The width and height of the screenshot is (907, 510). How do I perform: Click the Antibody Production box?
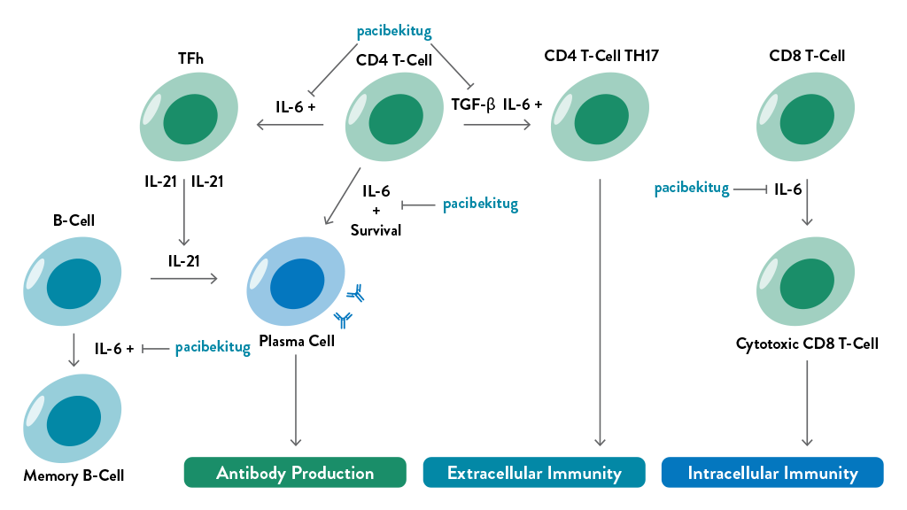[294, 473]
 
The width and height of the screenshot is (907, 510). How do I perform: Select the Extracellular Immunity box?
[533, 473]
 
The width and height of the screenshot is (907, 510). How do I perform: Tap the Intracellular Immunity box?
[772, 473]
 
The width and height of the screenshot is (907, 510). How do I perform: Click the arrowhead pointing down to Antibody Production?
[296, 440]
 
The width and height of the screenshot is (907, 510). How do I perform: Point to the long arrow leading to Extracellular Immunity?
[601, 310]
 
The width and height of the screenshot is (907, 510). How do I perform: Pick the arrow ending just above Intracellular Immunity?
[807, 403]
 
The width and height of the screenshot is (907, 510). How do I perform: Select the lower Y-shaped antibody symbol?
[343, 319]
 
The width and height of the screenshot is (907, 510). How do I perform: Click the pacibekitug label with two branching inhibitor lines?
[393, 32]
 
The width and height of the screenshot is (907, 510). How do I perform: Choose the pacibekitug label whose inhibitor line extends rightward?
[691, 189]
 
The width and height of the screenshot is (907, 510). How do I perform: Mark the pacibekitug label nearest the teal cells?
[213, 348]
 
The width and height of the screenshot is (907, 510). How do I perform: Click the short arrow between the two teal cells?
[74, 350]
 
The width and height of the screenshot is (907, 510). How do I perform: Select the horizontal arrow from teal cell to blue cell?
[184, 280]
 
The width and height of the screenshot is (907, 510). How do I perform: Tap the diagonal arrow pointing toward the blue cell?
[342, 197]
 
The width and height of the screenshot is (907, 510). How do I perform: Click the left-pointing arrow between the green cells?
[290, 125]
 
